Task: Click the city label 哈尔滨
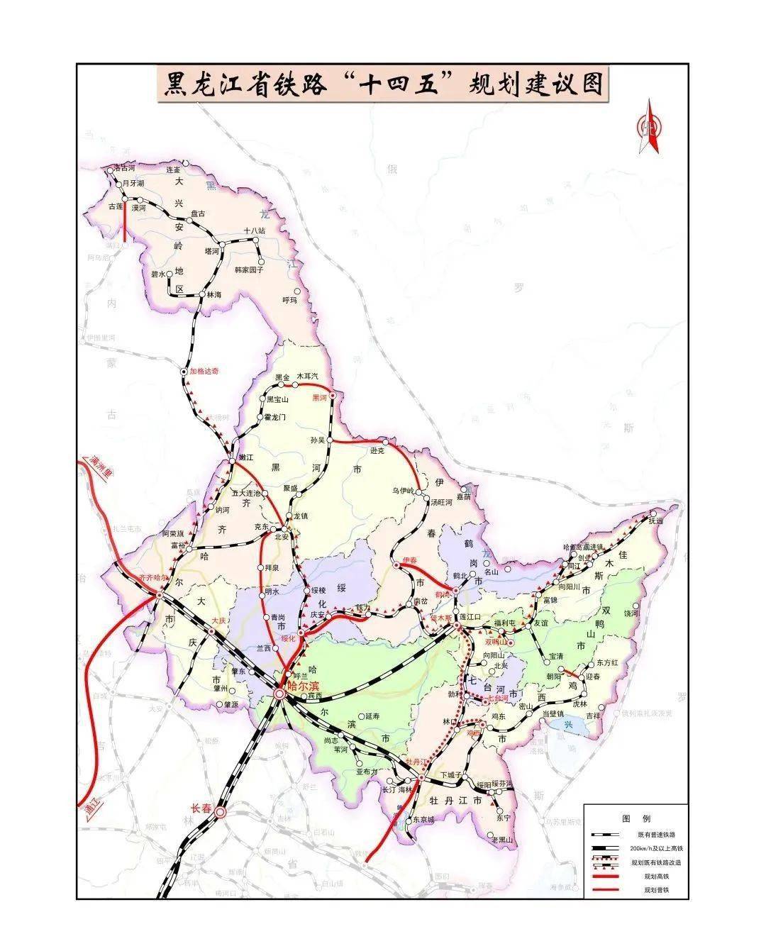[x=304, y=687]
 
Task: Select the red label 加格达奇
[x=204, y=371]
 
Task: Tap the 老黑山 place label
[x=502, y=840]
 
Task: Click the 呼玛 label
[x=292, y=300]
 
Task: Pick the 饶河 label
[x=631, y=612]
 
